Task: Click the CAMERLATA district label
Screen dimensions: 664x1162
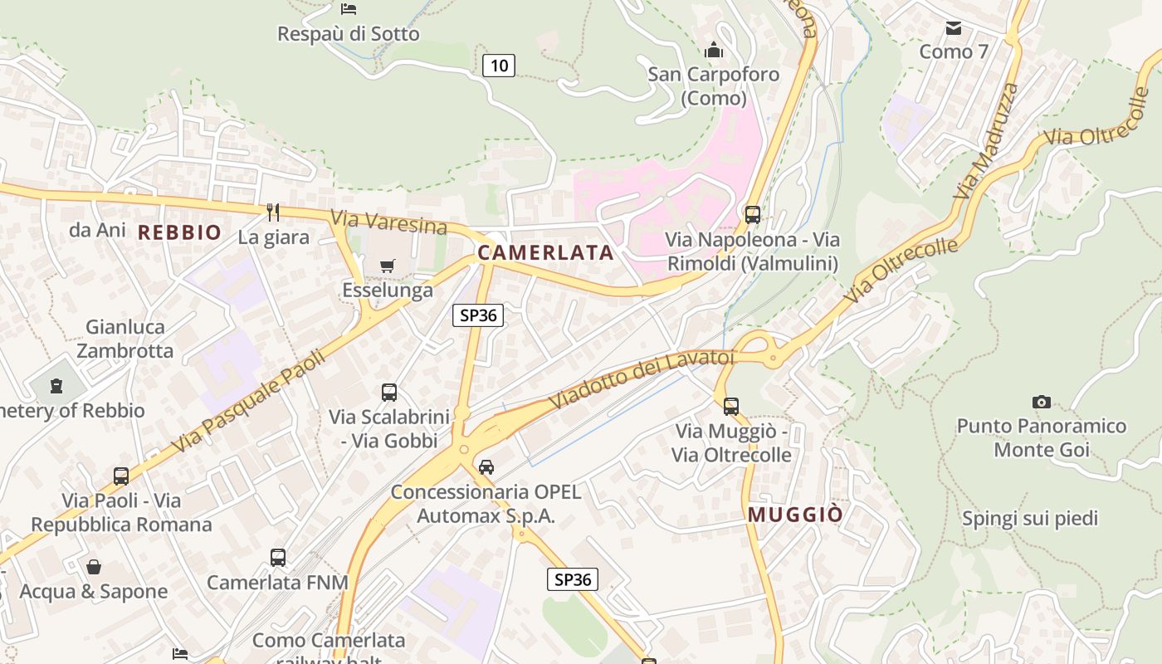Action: (545, 252)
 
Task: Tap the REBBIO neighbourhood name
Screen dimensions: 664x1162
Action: (179, 232)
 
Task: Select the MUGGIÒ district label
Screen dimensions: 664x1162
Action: (795, 515)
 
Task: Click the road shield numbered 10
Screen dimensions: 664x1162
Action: (499, 65)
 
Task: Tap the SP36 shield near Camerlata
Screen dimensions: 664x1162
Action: (478, 315)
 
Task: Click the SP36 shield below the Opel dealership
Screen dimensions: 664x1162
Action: (573, 579)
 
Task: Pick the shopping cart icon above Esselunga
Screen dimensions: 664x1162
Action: (387, 266)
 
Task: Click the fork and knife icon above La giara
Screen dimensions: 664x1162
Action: (273, 212)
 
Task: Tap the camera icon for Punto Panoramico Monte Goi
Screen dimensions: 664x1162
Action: (1041, 403)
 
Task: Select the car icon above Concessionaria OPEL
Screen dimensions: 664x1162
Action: (486, 467)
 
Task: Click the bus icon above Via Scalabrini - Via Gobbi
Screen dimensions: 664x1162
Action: (388, 393)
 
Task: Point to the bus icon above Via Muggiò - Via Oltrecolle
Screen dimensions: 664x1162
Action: (730, 407)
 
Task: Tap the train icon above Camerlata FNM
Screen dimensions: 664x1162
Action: (277, 558)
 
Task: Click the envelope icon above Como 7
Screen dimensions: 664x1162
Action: (954, 28)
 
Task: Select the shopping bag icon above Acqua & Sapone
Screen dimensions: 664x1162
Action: (94, 567)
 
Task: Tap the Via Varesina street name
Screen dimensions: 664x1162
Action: (388, 222)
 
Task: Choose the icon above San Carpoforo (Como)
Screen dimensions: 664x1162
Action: (714, 50)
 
